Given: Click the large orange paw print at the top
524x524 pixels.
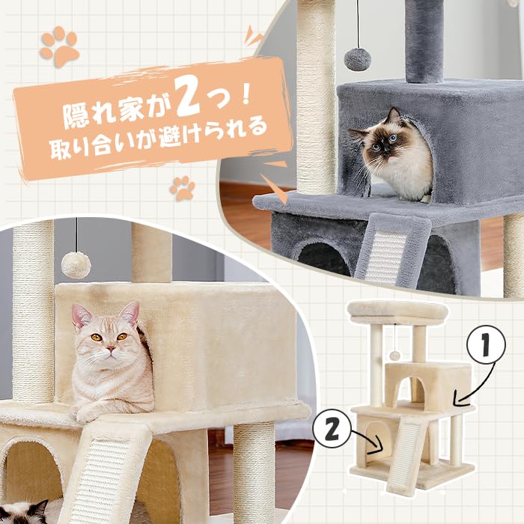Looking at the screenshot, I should point(60,46).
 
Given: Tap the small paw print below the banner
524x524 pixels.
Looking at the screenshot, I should point(182,187).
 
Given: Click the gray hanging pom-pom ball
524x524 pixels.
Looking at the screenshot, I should point(357,59).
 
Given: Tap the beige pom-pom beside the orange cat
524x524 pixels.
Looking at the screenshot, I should point(76,263).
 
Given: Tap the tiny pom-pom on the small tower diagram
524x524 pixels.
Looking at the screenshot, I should point(394,354).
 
